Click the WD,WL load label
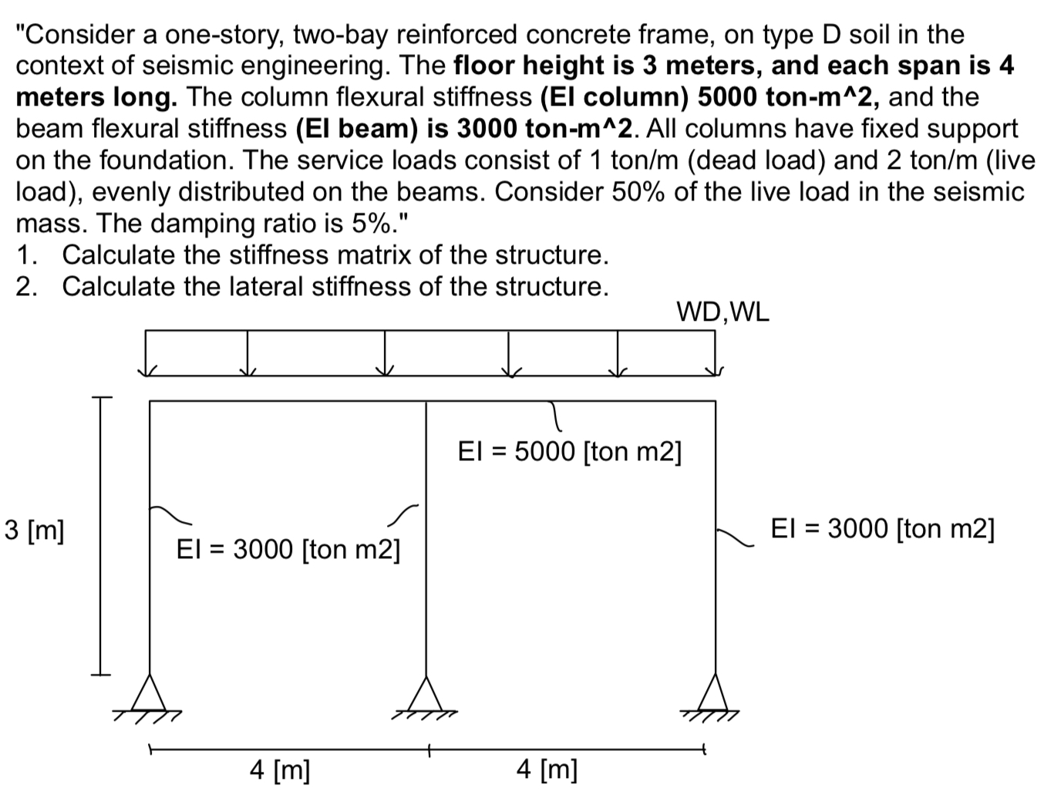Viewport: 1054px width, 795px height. (x=722, y=312)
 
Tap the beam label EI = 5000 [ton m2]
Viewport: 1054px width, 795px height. (x=569, y=451)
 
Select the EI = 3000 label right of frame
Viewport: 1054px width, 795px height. (x=882, y=529)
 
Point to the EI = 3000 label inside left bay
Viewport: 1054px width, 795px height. (x=288, y=550)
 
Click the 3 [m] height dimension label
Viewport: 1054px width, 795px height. (x=34, y=531)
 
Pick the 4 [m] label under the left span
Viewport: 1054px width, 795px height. (x=280, y=769)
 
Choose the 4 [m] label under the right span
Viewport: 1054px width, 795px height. (x=547, y=769)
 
